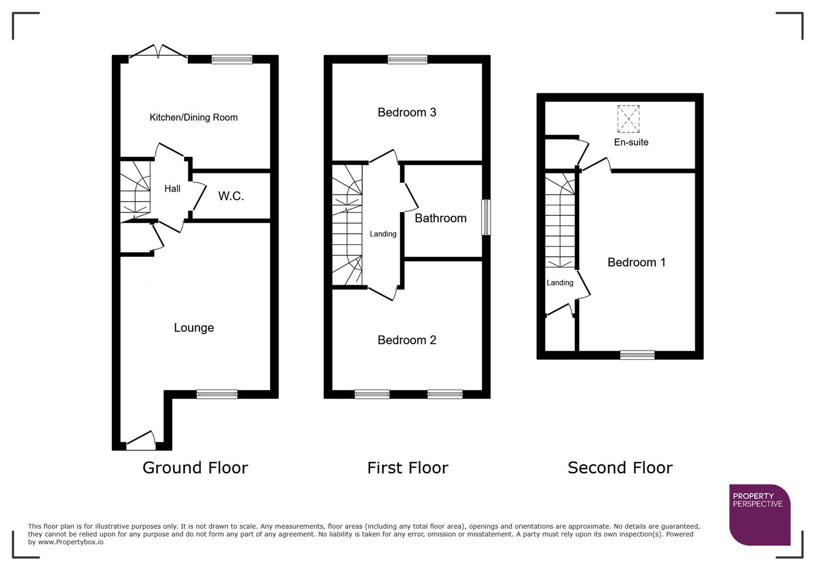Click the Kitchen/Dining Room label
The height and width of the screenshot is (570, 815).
tap(193, 117)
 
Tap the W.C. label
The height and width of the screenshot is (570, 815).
tap(231, 196)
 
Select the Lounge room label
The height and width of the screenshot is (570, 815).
tap(194, 328)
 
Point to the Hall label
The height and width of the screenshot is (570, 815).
tap(172, 188)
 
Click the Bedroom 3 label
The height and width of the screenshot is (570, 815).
tap(406, 112)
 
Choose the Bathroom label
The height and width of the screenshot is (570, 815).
tap(440, 218)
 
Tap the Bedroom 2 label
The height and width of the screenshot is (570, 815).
tap(406, 340)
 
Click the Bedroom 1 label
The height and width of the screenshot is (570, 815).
tap(636, 262)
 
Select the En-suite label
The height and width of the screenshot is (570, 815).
tap(631, 142)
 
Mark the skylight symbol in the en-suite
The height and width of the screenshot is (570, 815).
tap(628, 119)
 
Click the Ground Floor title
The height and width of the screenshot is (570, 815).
tap(195, 468)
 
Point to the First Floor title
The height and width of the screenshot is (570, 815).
tap(407, 468)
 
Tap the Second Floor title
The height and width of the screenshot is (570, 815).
tap(620, 468)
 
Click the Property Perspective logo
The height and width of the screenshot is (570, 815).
tap(759, 515)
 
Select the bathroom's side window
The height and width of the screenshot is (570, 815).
tap(486, 217)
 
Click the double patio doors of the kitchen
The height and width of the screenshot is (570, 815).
tap(158, 52)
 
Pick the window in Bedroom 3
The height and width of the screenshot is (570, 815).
tap(407, 59)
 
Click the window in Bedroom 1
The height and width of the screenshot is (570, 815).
tap(637, 355)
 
